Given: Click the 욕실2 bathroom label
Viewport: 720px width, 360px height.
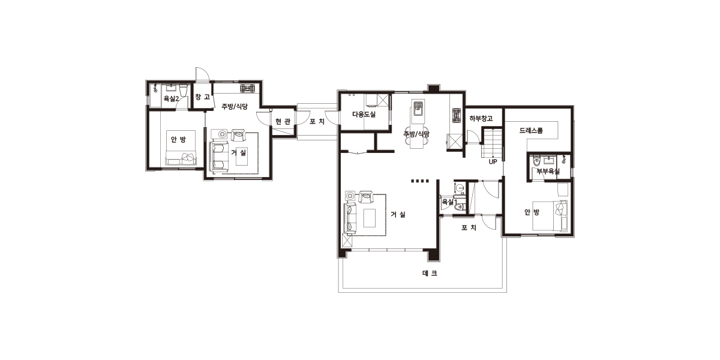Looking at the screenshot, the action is [171, 98].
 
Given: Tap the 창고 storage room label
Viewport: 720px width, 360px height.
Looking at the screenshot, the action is [203, 97].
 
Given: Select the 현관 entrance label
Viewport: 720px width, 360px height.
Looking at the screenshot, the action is [283, 121].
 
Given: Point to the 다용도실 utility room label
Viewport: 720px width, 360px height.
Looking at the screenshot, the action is [364, 114].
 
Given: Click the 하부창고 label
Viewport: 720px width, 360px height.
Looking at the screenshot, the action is [481, 118].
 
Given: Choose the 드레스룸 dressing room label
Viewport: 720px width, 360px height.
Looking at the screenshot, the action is [531, 130].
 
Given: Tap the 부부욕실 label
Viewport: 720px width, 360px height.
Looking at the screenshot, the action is [548, 171].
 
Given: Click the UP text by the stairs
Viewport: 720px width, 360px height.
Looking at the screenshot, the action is [493, 161].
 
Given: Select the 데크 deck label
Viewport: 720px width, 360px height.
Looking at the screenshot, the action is [430, 273].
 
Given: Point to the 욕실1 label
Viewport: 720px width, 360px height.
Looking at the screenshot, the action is [449, 202].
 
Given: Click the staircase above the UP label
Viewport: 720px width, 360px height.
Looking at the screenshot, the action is [492, 143].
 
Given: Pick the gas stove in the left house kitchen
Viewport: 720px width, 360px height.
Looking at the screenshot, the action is [247, 88].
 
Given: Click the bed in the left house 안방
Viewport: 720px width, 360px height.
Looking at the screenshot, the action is [181, 148].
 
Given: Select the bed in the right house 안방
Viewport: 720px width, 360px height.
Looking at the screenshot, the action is [550, 215].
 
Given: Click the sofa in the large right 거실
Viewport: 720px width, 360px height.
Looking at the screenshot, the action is [350, 218].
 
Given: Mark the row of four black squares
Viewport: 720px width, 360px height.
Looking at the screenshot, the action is [420, 181].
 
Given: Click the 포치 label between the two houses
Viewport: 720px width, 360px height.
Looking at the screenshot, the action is [317, 121].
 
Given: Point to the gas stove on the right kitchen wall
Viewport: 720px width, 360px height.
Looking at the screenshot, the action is [456, 116].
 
